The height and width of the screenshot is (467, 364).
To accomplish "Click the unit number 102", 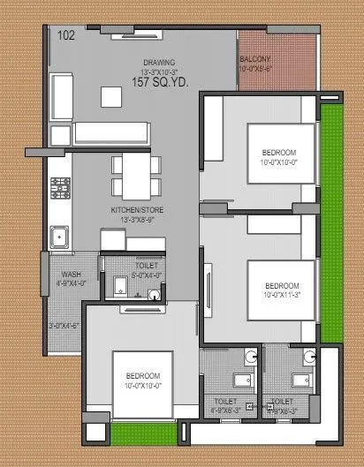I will tap(65, 36).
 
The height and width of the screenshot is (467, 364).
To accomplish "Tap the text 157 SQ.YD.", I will tap(160, 82).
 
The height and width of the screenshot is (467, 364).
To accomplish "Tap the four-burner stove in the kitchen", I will tap(61, 188).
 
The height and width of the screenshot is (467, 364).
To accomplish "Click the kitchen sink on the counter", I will tap(60, 236).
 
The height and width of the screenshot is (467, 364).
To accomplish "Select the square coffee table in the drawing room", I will tap(111, 94).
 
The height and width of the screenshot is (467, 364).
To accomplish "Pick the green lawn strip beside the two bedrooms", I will tap(330, 221).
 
